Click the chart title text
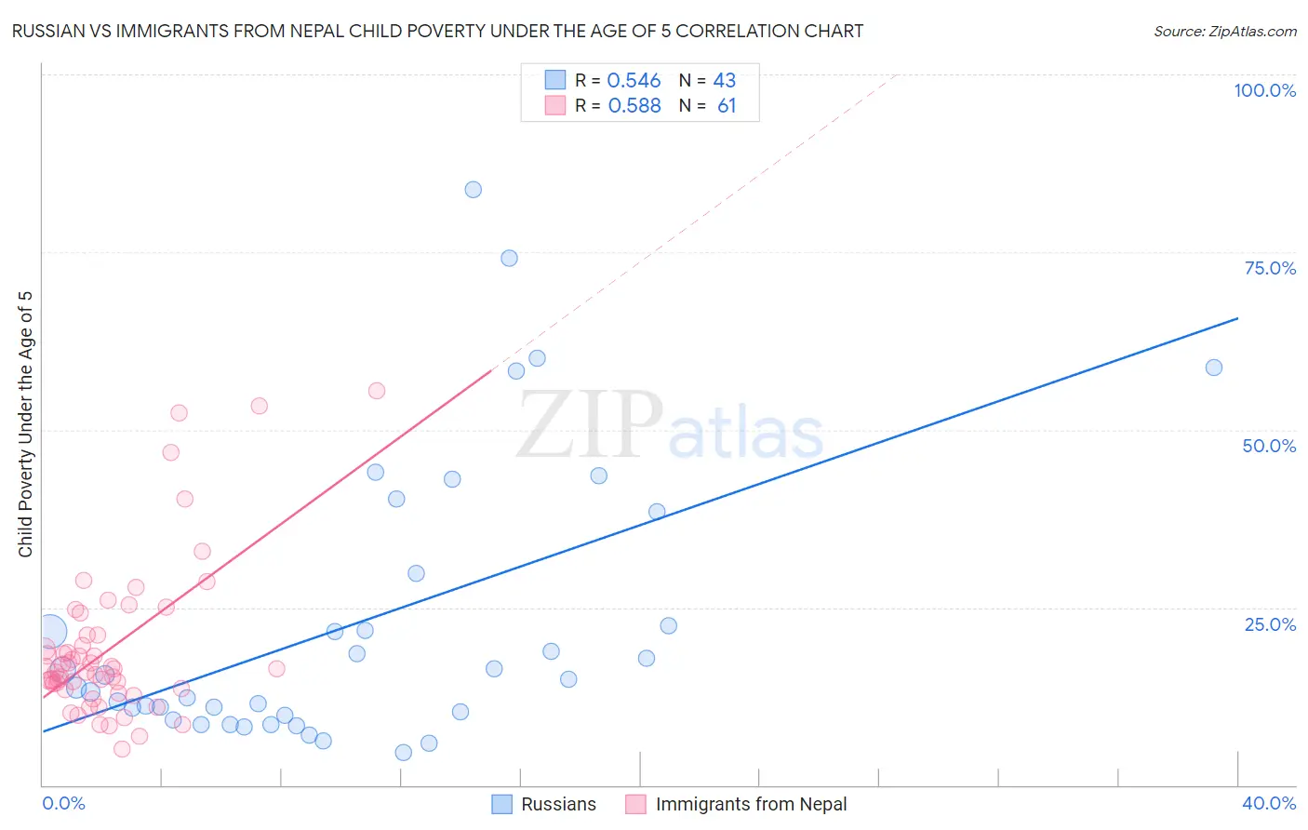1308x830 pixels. pyautogui.click(x=437, y=32)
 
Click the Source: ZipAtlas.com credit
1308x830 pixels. pyautogui.click(x=1224, y=32)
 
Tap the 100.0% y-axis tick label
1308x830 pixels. pyautogui.click(x=1264, y=90)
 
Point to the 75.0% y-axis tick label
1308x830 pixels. pyautogui.click(x=1270, y=268)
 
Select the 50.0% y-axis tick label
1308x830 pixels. pyautogui.click(x=1269, y=446)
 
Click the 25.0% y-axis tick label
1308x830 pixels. pyautogui.click(x=1270, y=624)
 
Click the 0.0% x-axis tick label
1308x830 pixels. pyautogui.click(x=63, y=803)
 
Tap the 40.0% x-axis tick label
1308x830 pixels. pyautogui.click(x=1268, y=803)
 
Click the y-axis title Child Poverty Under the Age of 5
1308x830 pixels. pyautogui.click(x=26, y=424)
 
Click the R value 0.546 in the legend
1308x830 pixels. pyautogui.click(x=634, y=81)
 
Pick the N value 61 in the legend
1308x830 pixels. pyautogui.click(x=727, y=106)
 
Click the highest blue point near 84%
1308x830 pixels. pyautogui.click(x=473, y=190)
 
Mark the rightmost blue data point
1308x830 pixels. pyautogui.click(x=1213, y=368)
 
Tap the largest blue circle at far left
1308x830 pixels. pyautogui.click(x=50, y=632)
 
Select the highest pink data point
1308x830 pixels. pyautogui.click(x=377, y=391)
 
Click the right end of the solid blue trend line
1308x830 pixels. pyautogui.click(x=1237, y=318)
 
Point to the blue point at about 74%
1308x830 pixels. pyautogui.click(x=509, y=259)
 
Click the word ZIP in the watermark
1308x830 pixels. pyautogui.click(x=590, y=425)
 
